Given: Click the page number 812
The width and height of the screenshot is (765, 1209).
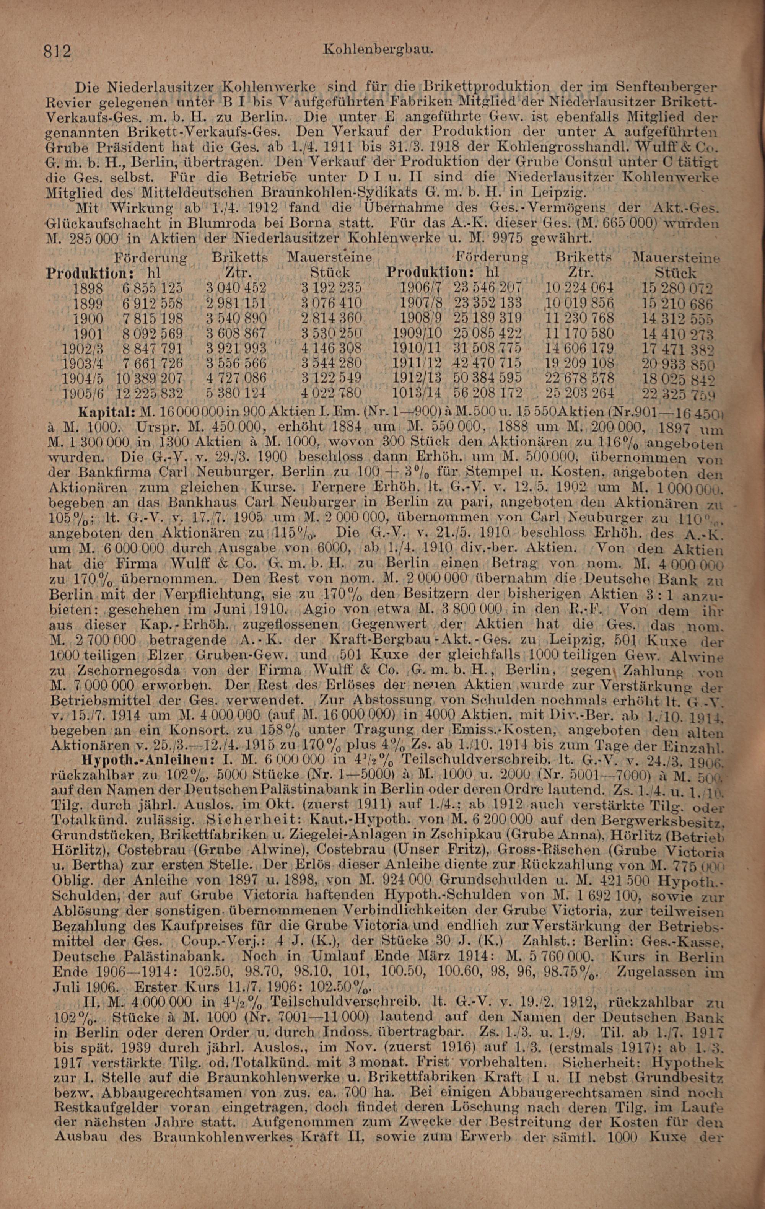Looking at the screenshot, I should click(58, 51).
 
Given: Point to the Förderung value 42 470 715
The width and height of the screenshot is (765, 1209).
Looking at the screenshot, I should click(487, 362).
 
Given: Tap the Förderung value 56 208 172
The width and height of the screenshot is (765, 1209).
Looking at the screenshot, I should click(488, 392).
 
